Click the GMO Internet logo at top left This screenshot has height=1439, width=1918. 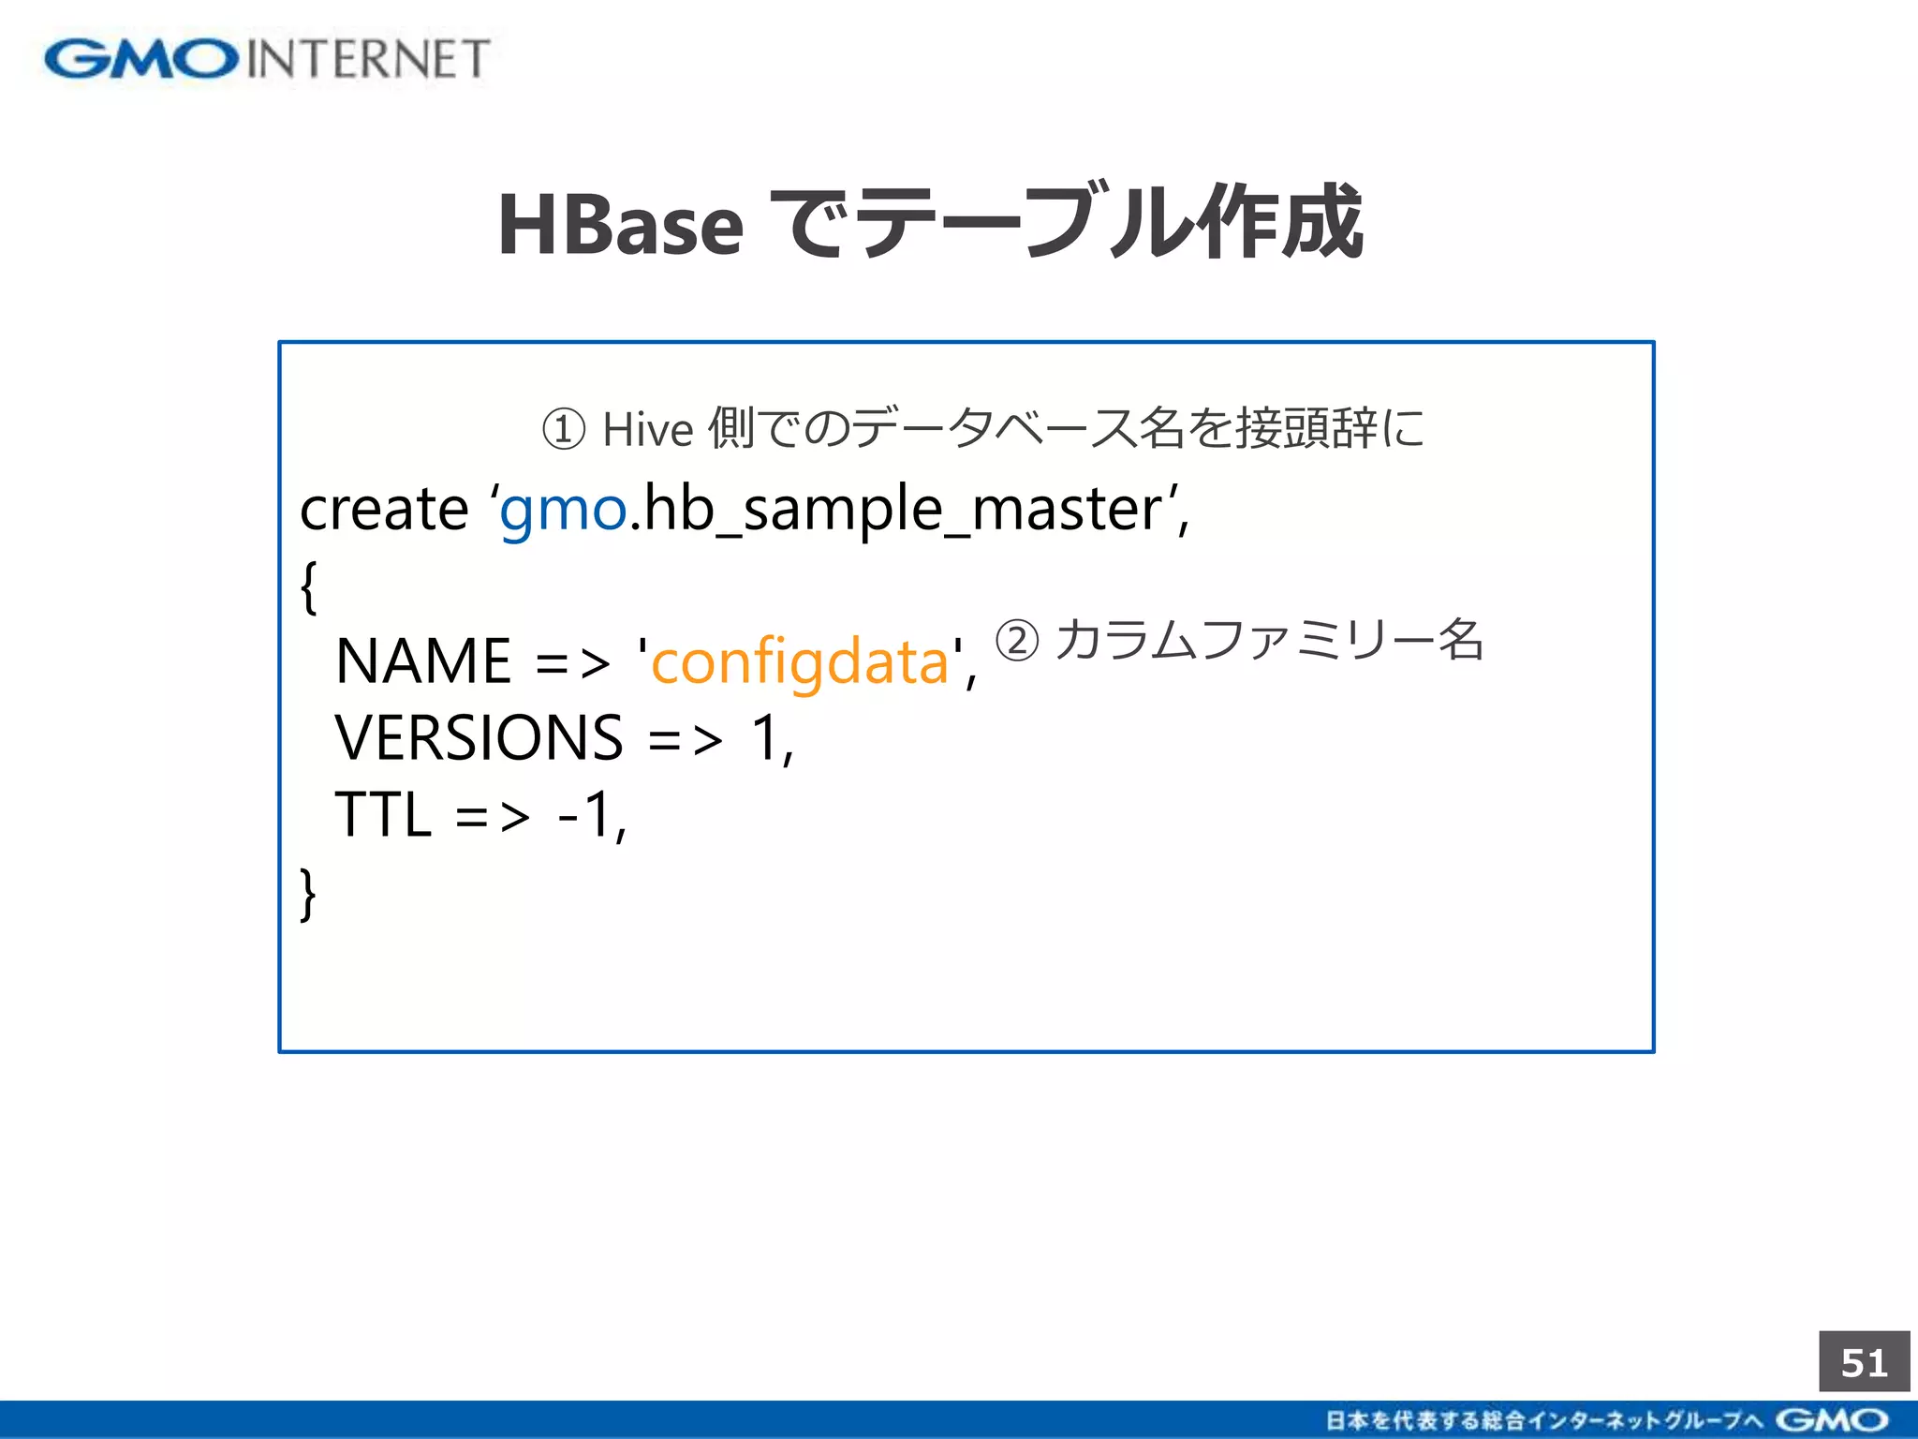(x=267, y=59)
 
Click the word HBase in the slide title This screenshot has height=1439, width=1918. (x=620, y=225)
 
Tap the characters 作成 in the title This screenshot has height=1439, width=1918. (x=1283, y=222)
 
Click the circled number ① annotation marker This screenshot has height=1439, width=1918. (x=564, y=430)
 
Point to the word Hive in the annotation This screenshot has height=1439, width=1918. (x=647, y=430)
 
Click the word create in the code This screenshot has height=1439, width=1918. (x=384, y=510)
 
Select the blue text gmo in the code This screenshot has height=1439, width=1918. (x=563, y=512)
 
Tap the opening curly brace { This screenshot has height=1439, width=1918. (x=309, y=587)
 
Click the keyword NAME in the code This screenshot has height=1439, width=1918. (x=423, y=661)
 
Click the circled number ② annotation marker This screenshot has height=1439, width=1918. (x=1017, y=641)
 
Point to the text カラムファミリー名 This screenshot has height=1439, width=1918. (x=1269, y=641)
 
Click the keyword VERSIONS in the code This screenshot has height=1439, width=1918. (x=479, y=738)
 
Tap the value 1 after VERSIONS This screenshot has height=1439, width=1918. (x=766, y=738)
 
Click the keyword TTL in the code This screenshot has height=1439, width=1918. (x=383, y=814)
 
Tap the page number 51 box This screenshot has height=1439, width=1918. (x=1864, y=1362)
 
